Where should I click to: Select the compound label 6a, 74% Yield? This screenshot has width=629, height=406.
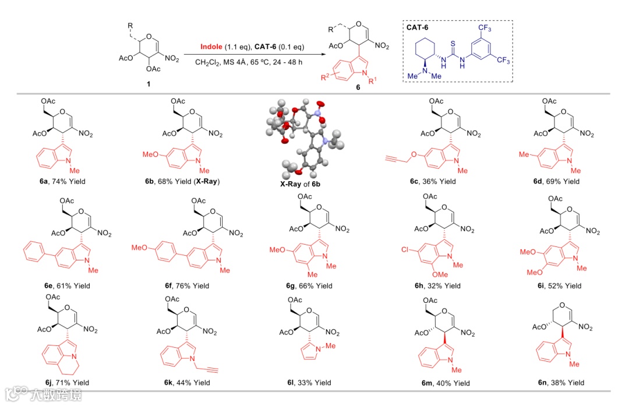click(x=59, y=181)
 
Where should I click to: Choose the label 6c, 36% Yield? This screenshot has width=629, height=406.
click(x=433, y=181)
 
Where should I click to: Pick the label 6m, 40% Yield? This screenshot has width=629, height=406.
click(x=434, y=383)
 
